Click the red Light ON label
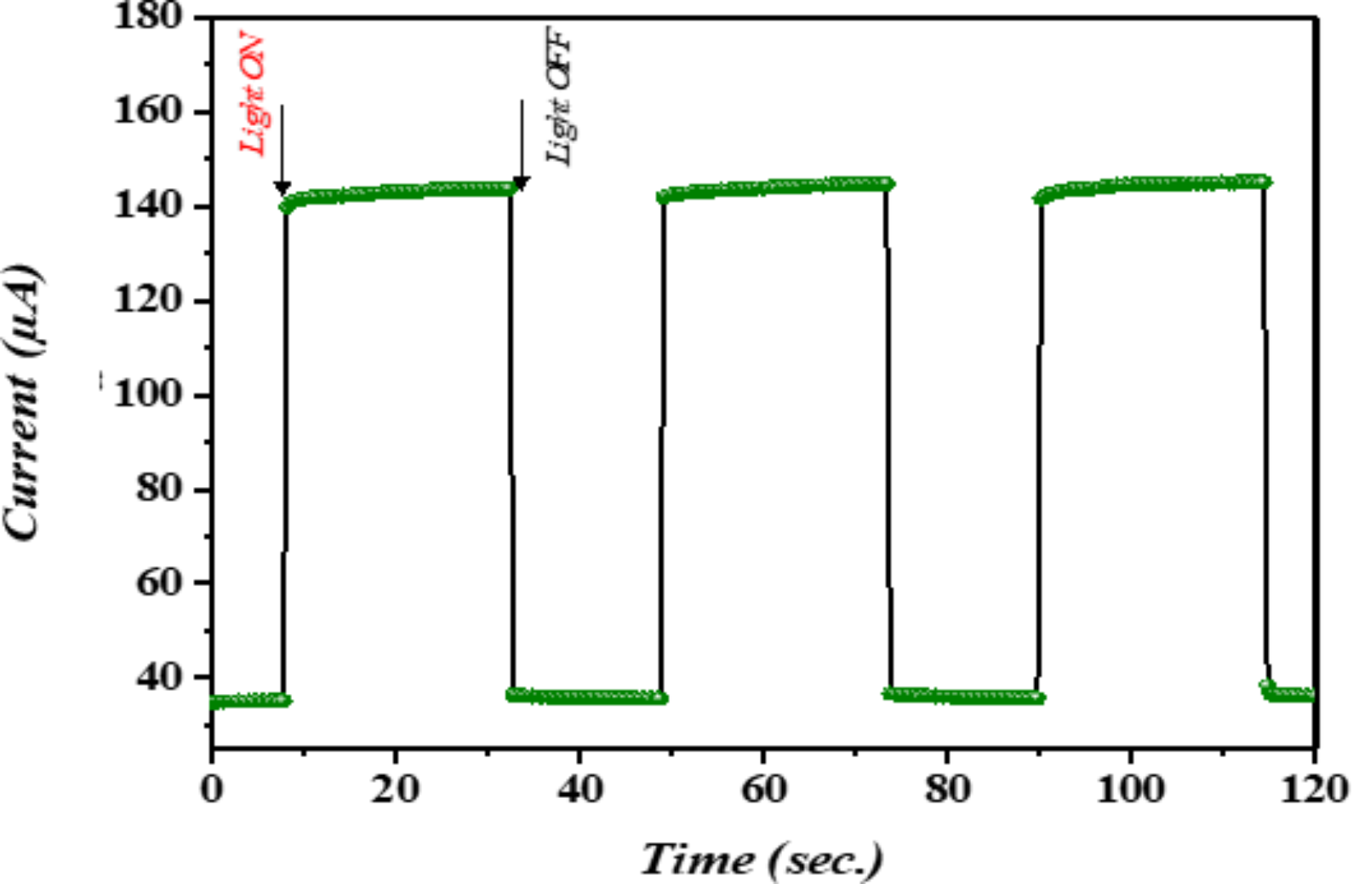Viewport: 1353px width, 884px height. [253, 94]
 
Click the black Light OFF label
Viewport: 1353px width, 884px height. [560, 96]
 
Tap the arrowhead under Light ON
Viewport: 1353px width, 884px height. [282, 187]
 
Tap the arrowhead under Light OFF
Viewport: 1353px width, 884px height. [521, 183]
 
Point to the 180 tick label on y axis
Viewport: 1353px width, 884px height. [148, 16]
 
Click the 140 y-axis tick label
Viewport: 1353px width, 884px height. [148, 205]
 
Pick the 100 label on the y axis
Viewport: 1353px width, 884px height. [148, 395]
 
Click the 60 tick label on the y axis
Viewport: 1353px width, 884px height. [160, 583]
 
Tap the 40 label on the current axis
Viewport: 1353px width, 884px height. [160, 677]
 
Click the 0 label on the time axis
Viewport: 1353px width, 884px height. [212, 790]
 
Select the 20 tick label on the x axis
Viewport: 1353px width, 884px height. [395, 790]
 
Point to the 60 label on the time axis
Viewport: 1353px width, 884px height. [763, 790]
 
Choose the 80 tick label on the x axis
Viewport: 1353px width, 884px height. [947, 790]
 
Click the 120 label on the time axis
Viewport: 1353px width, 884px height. [1313, 790]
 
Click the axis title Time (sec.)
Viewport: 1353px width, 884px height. [762, 859]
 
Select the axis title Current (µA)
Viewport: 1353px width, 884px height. [23, 401]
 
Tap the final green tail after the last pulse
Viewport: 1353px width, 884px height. [1291, 694]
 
